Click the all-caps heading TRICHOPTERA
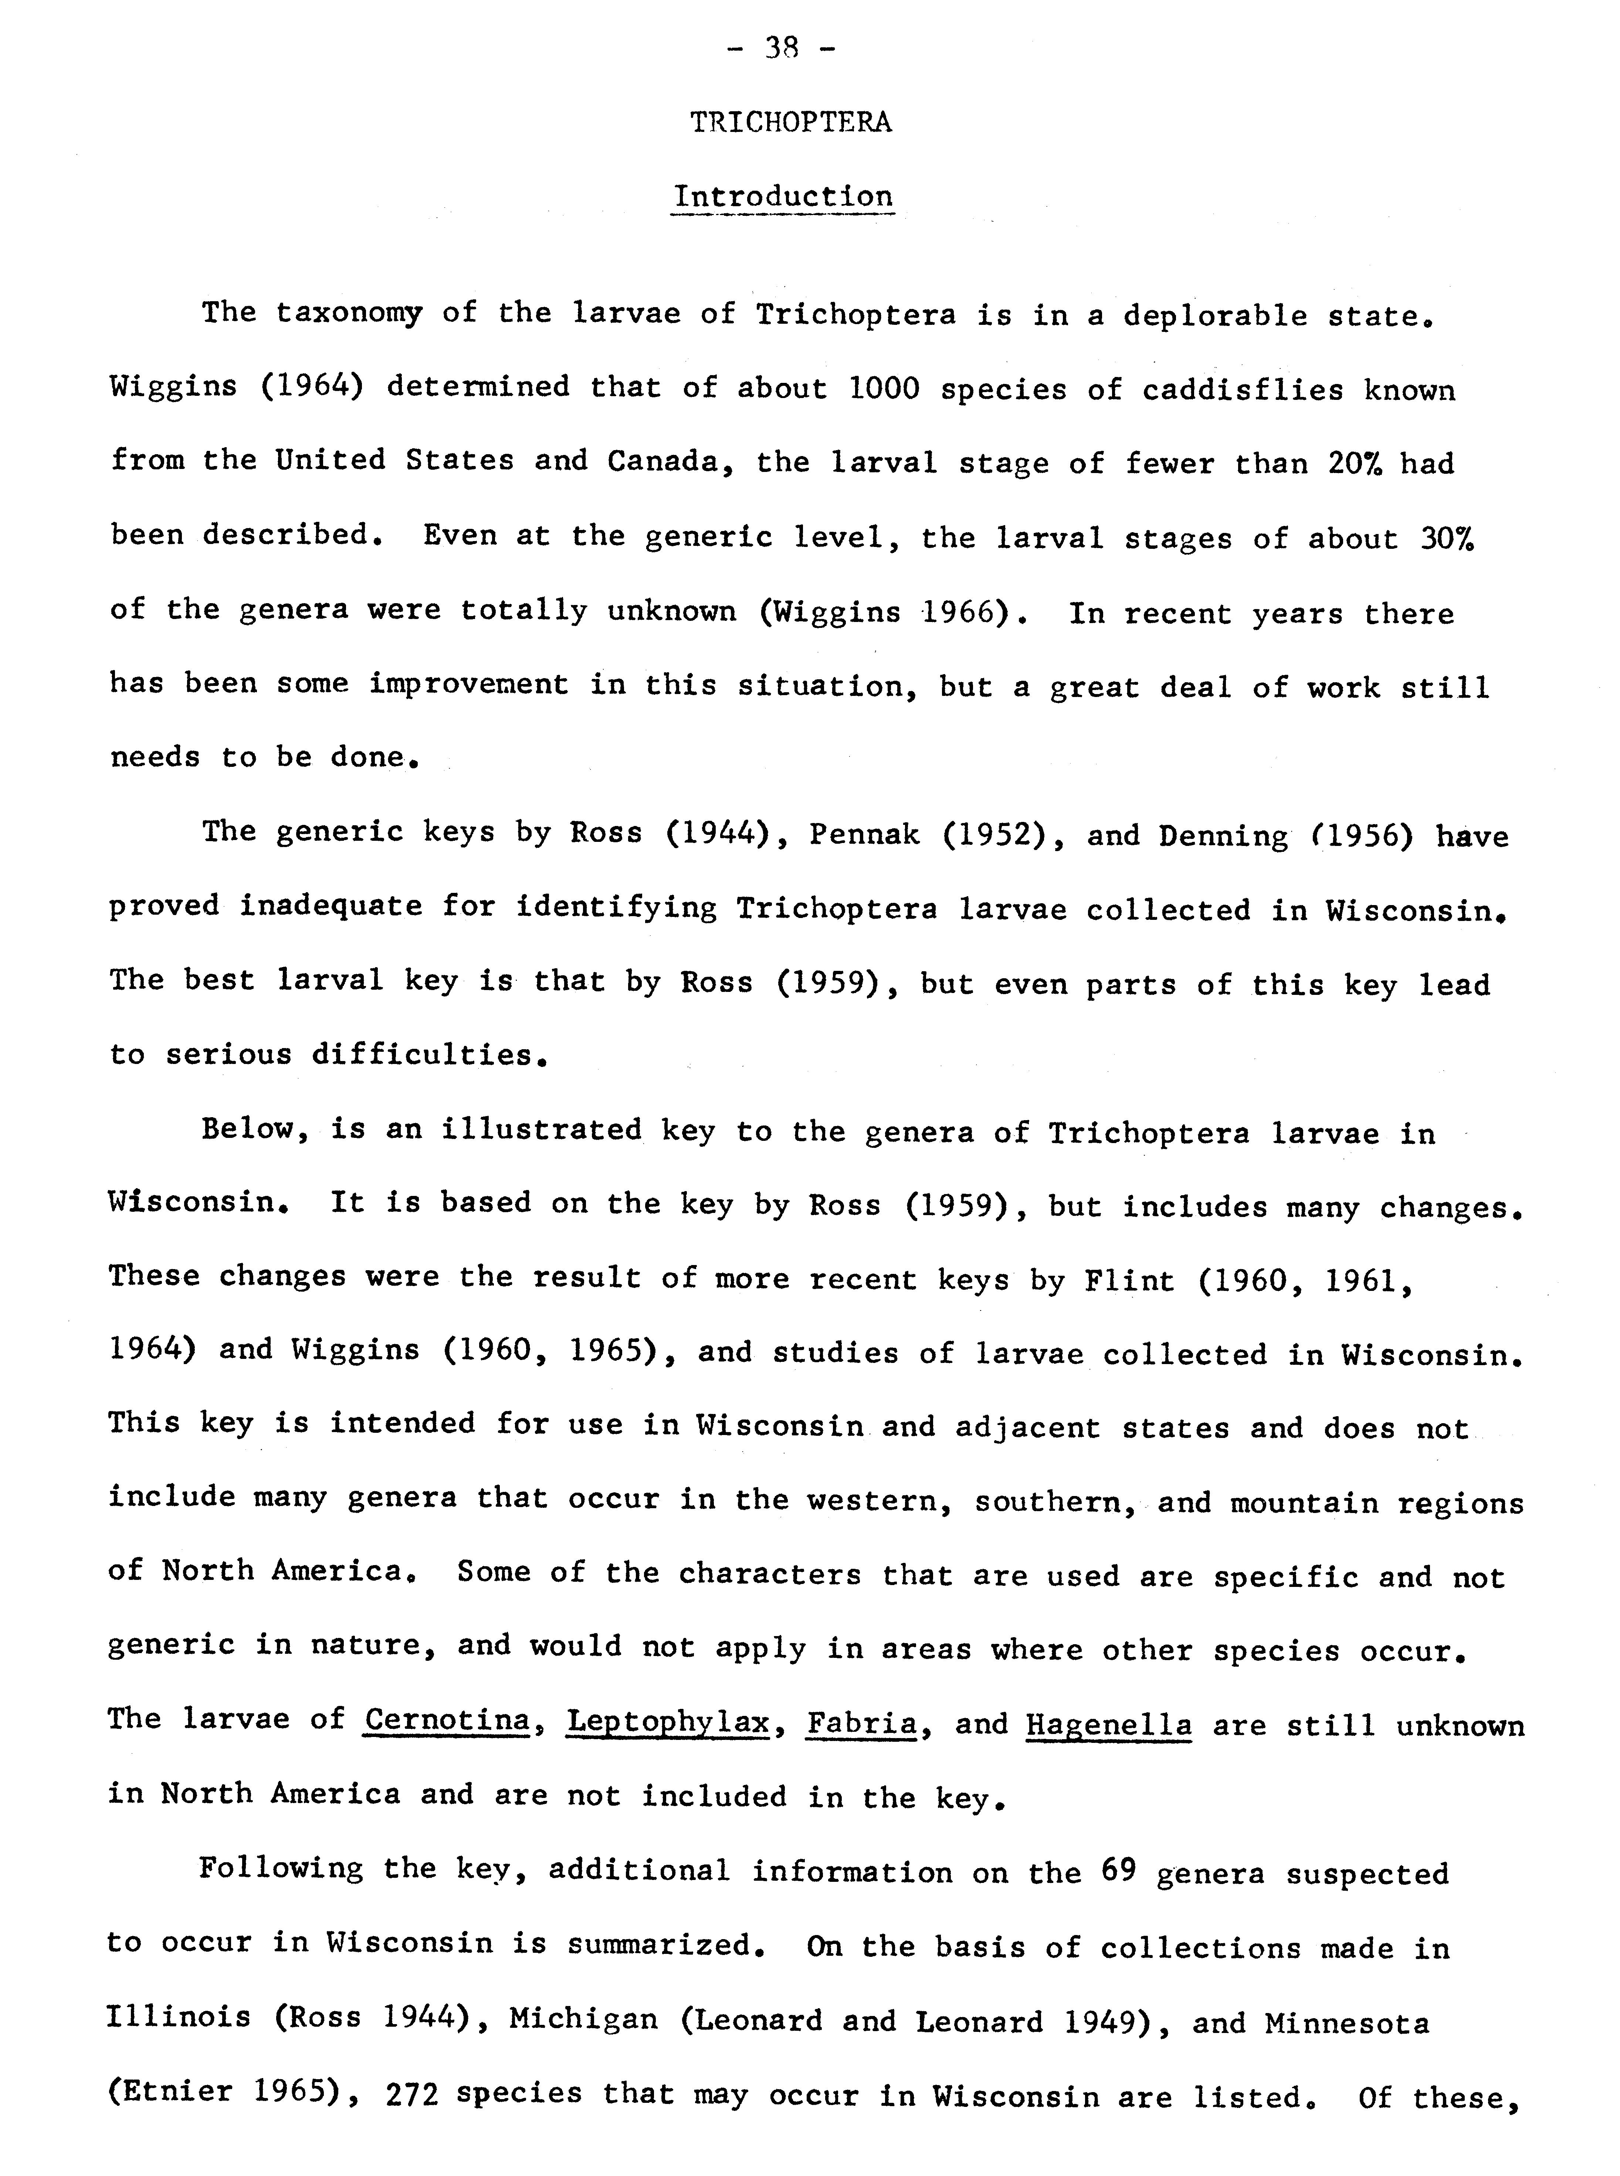(x=790, y=123)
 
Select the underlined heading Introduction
(x=783, y=196)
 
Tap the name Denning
(x=1223, y=835)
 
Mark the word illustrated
(x=541, y=1130)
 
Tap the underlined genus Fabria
(x=861, y=1722)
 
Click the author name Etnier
(x=179, y=2092)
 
